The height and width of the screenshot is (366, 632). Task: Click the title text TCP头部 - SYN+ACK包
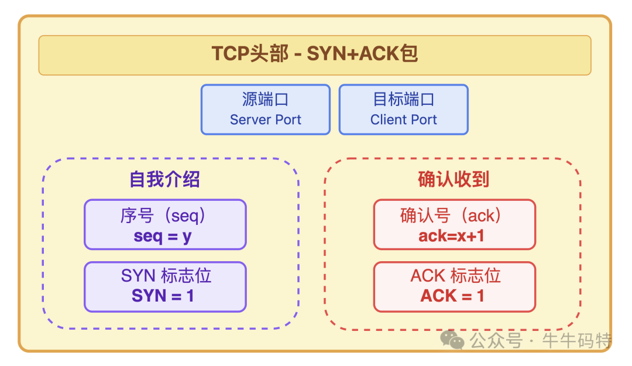click(315, 54)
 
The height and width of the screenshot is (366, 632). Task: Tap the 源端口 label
click(265, 100)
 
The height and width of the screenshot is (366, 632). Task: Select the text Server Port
click(265, 120)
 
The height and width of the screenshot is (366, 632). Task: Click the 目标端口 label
click(403, 100)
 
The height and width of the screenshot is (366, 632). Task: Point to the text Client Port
click(403, 120)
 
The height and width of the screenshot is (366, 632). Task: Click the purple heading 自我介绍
click(164, 179)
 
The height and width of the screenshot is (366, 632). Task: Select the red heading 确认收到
click(454, 179)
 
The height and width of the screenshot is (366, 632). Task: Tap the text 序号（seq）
click(164, 216)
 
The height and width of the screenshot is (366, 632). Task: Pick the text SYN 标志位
click(166, 276)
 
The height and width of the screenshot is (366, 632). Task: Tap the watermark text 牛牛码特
click(576, 340)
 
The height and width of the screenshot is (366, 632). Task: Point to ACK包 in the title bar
click(389, 54)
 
